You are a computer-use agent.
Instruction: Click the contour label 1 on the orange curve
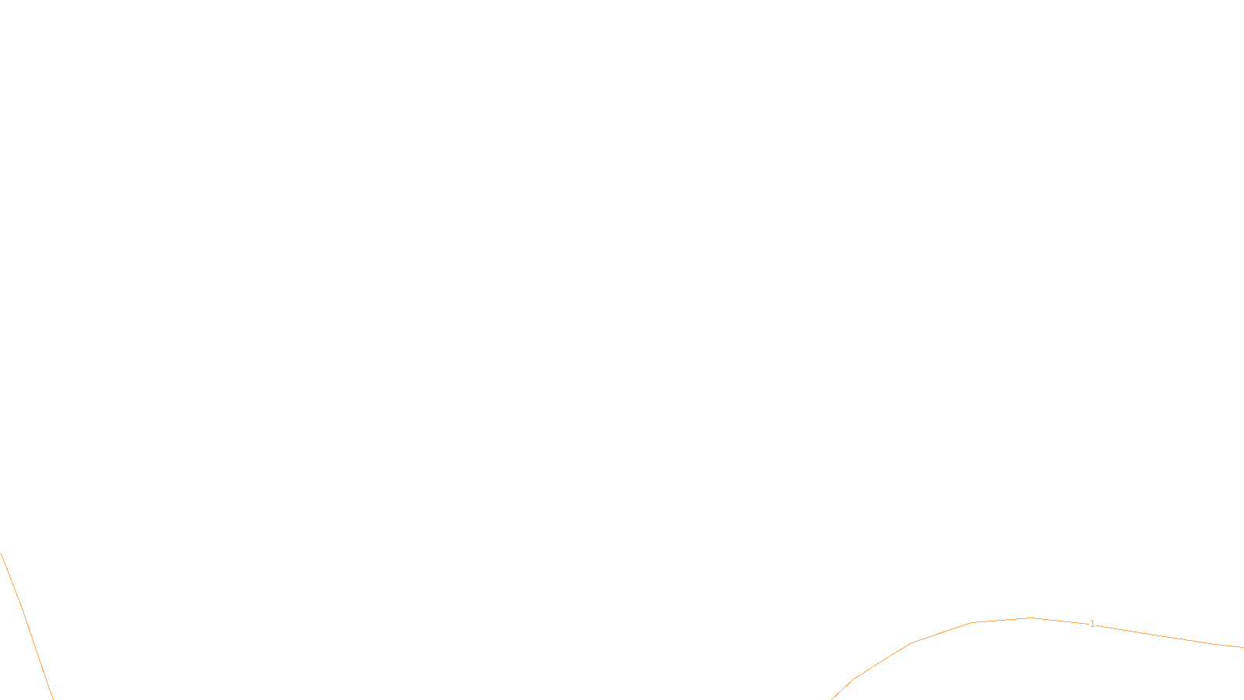pos(1092,624)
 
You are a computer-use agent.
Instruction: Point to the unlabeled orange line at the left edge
pos(23,614)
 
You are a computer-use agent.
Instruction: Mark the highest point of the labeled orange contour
pos(1032,618)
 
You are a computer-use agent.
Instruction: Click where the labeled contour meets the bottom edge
pos(832,698)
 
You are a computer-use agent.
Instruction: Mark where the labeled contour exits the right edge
pos(1242,647)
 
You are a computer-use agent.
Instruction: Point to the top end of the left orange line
pos(1,553)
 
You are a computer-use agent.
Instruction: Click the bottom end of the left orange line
pos(52,698)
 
